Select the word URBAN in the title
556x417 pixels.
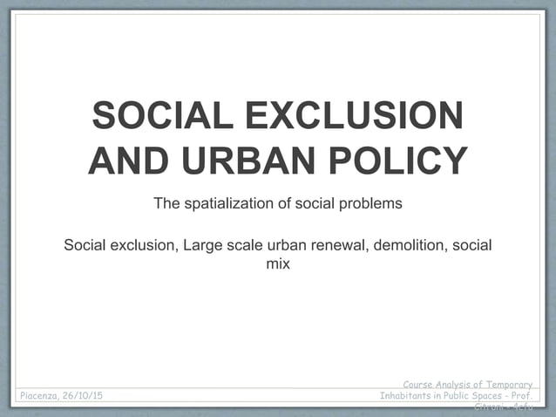241,161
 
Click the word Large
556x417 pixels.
200,245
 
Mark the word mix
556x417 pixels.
277,262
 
